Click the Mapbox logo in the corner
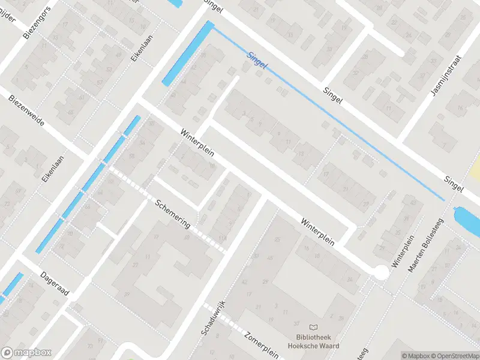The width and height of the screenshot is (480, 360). [26, 353]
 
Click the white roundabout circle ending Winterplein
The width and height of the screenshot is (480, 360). [381, 272]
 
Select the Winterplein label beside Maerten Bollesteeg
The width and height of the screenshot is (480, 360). [403, 251]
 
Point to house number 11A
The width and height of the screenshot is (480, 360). [223, 239]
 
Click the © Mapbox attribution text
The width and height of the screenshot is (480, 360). [413, 356]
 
